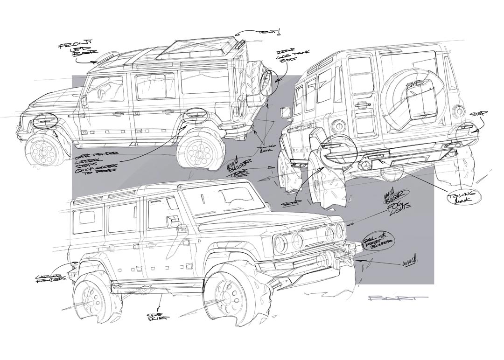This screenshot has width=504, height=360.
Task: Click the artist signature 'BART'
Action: (397, 299)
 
